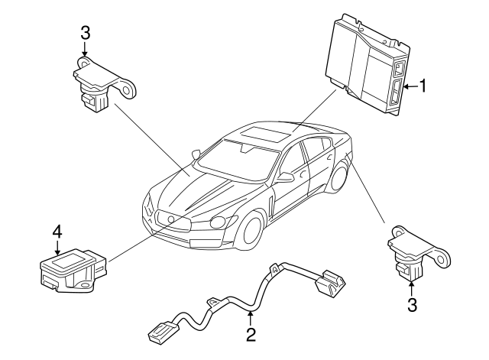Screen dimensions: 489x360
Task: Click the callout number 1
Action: [423, 86]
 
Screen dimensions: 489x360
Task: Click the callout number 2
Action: [251, 335]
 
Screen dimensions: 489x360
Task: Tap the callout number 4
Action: [57, 232]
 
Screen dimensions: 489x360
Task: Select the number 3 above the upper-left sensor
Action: [85, 33]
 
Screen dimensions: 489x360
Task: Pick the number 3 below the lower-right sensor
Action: [412, 305]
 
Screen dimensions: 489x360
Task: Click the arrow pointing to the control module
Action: [410, 86]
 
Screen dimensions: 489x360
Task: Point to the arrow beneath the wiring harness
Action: [250, 318]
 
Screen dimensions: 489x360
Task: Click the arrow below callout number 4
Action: [57, 248]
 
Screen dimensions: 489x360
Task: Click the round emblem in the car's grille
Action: [170, 219]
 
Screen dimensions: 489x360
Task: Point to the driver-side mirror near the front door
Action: [285, 177]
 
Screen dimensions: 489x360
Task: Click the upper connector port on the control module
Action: [399, 69]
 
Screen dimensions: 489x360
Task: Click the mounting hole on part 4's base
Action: [84, 285]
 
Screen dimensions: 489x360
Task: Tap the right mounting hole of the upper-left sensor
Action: [127, 90]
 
